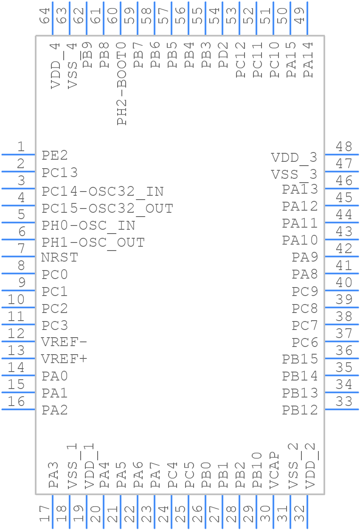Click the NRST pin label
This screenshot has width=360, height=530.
pos(59,257)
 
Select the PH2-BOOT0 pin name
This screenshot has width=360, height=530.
pos(122,84)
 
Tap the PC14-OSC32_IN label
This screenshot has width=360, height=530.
pos(102,192)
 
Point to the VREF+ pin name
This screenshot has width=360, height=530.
pos(64,359)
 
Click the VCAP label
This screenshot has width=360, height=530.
pos(274,471)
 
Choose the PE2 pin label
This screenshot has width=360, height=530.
pos(55,155)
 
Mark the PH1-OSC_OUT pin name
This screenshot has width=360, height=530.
pos(93,243)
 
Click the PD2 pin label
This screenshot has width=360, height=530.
pos(223,55)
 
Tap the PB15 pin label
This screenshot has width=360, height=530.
pos(300,359)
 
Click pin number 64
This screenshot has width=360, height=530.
pos(45,16)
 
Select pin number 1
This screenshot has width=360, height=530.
pos(21,147)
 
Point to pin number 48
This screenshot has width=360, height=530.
pos(344,147)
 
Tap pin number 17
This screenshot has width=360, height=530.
pos(45,514)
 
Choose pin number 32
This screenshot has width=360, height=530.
pos(299,514)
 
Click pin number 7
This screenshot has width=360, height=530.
pos(21,248)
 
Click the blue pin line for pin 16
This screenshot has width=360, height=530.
pos(18,409)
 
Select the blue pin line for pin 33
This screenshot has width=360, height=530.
pos(342,409)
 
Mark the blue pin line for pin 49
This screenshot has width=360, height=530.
pos(307,18)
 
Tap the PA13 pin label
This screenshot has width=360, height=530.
pos(300,189)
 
